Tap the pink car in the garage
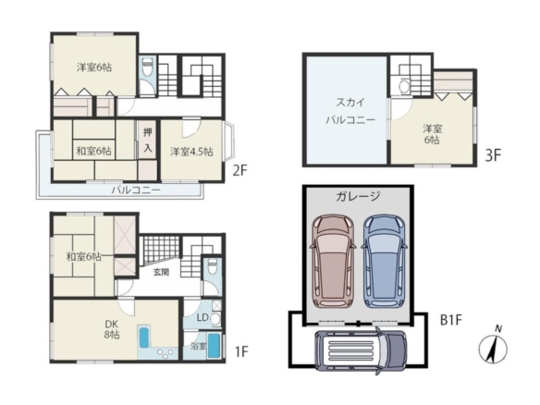pos(333,261)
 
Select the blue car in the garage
pos(384,261)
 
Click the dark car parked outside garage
pos(361,350)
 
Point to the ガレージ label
pos(358,196)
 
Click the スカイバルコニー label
pos(350,111)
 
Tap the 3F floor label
pos(493,155)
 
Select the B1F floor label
pos(451,320)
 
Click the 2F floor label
pos(240,170)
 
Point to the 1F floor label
pos(241,351)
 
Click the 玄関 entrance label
pos(161,272)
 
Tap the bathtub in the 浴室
pos(214,346)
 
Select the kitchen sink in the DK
pos(143,337)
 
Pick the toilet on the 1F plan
pos(212,266)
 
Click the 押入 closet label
pos(148,141)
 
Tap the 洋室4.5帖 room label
pos(191,152)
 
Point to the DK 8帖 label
pos(112,329)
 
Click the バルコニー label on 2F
pos(136,190)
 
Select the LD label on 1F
pos(202,317)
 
